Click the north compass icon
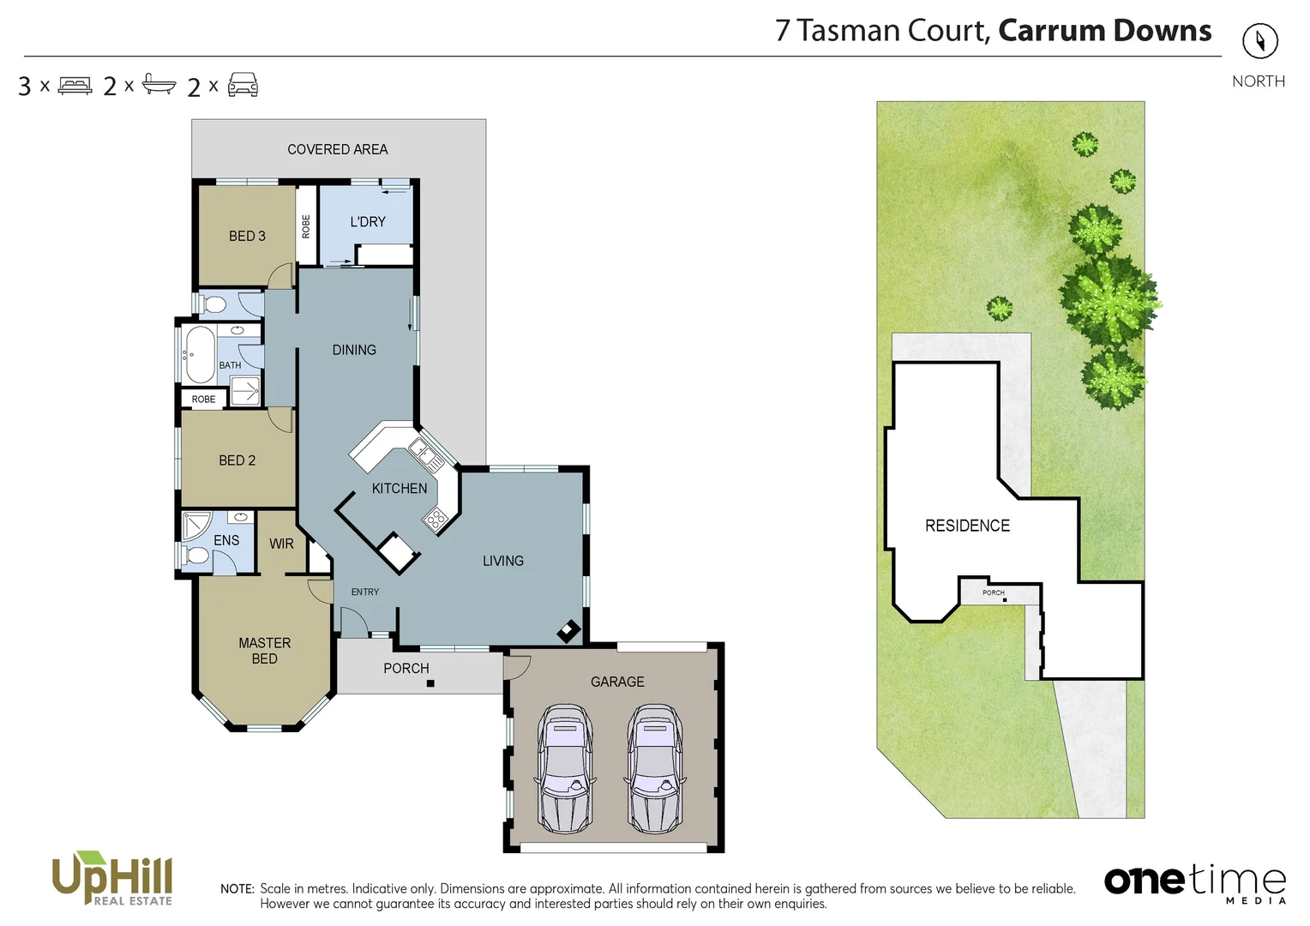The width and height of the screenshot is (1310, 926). [x=1259, y=40]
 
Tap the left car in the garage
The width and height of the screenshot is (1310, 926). [x=564, y=769]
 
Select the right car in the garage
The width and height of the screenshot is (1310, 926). [x=655, y=769]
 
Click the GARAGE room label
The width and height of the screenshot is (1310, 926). [x=617, y=682]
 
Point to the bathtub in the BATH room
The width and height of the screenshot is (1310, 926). [x=200, y=354]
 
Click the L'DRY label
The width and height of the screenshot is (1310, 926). [x=368, y=221]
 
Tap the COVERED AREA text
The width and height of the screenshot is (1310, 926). [x=338, y=149]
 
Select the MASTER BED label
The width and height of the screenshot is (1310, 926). [x=264, y=651]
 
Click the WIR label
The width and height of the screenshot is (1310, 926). [x=281, y=544]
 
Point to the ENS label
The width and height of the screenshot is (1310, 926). [x=226, y=540]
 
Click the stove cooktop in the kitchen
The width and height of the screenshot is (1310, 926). [x=435, y=518]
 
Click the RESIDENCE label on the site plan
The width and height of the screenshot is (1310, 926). [x=967, y=526]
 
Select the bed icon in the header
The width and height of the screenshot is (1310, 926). [x=75, y=85]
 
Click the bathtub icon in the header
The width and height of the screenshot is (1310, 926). [x=159, y=84]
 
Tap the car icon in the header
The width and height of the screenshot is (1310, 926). [x=243, y=84]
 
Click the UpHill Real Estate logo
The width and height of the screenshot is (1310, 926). [x=112, y=878]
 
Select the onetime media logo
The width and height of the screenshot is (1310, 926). [x=1194, y=882]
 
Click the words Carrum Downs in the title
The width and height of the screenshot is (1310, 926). [x=1104, y=31]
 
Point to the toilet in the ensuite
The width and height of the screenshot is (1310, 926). [x=197, y=556]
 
